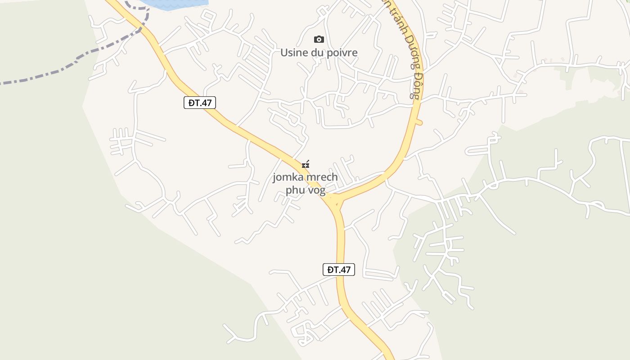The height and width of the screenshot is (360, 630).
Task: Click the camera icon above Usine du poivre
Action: pyautogui.click(x=319, y=40)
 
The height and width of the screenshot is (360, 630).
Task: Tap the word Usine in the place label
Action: pyautogui.click(x=292, y=53)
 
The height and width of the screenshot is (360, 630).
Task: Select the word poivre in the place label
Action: pyautogui.click(x=341, y=53)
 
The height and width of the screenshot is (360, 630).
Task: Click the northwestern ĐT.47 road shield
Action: pyautogui.click(x=200, y=103)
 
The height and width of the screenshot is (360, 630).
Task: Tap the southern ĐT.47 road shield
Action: pyautogui.click(x=339, y=270)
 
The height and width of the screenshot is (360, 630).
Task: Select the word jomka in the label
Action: pyautogui.click(x=288, y=177)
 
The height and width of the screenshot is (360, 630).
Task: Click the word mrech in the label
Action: pyautogui.click(x=322, y=177)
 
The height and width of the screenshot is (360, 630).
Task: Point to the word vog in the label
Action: pyautogui.click(x=317, y=190)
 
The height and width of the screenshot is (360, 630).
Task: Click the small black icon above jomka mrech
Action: pyautogui.click(x=306, y=164)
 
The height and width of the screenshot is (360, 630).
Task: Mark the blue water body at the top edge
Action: pyautogui.click(x=175, y=4)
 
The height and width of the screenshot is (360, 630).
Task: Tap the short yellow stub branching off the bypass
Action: pyautogui.click(x=418, y=122)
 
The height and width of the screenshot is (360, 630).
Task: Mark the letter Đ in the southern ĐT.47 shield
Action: pyautogui.click(x=330, y=270)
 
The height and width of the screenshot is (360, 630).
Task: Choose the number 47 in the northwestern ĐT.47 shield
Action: pyautogui.click(x=206, y=103)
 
